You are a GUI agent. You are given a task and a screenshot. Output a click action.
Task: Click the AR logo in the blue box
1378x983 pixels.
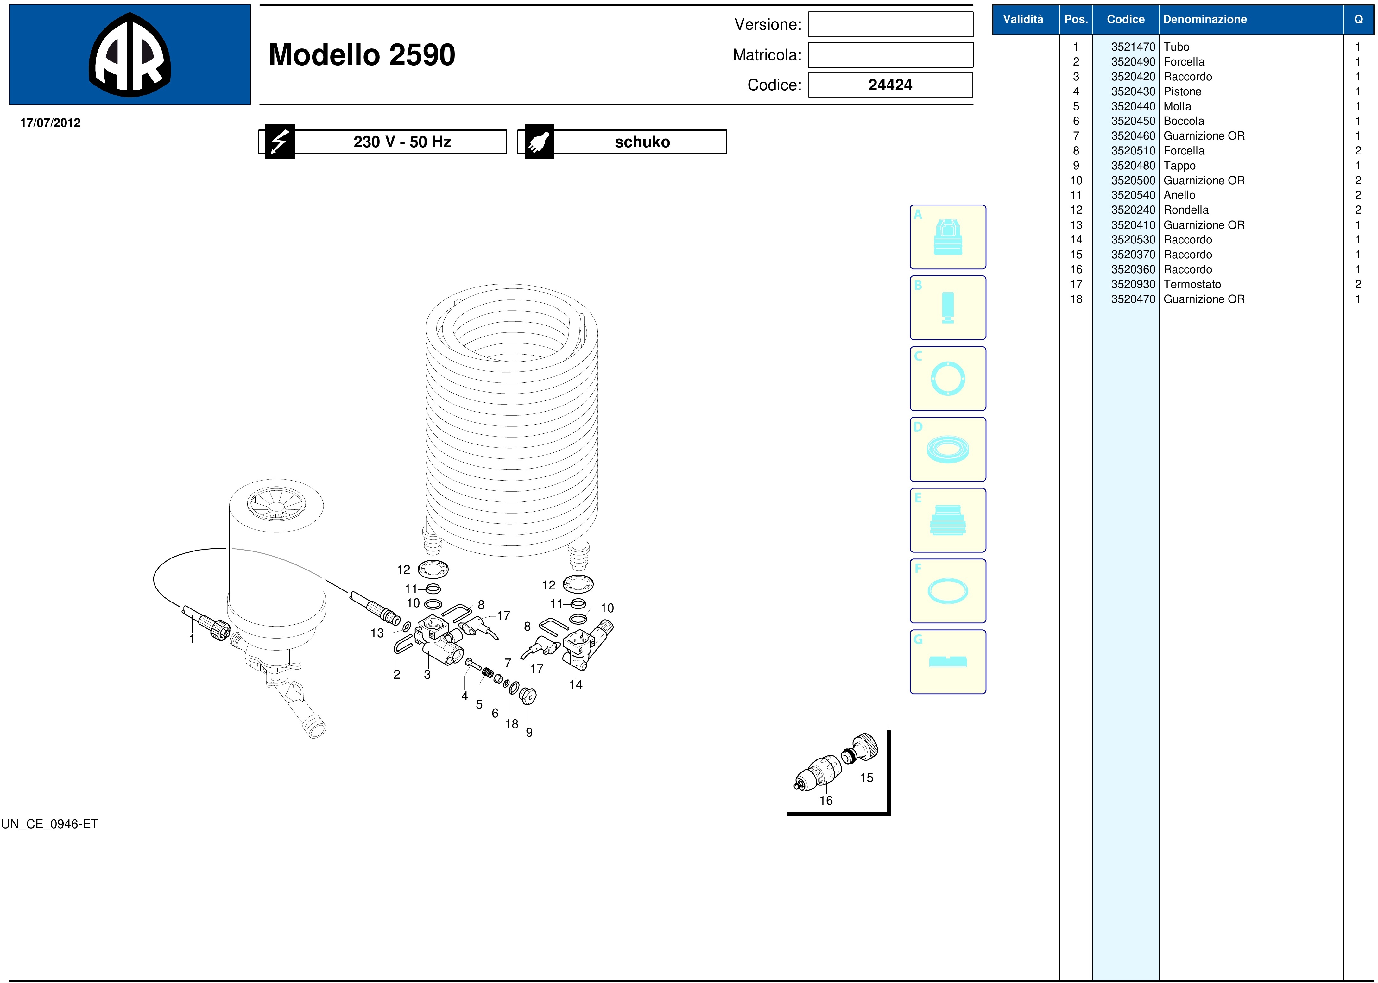point(130,54)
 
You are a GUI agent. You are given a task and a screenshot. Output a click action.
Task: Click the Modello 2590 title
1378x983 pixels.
point(362,54)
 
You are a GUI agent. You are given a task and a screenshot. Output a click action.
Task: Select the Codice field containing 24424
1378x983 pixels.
point(890,85)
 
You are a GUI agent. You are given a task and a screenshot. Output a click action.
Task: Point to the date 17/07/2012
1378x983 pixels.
point(50,123)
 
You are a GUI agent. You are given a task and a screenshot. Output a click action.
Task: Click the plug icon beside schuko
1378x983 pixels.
point(539,142)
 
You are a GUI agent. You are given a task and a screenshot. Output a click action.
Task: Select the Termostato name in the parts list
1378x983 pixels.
point(1192,285)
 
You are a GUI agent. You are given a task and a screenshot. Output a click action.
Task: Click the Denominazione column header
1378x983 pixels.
point(1205,19)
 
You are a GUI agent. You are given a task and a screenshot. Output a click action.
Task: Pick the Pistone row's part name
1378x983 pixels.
point(1182,91)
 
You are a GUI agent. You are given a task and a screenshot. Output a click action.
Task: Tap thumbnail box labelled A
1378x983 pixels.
point(947,237)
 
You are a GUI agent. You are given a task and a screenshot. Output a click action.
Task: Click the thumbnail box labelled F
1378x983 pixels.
point(947,591)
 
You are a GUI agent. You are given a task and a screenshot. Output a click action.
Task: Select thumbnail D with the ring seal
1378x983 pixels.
point(947,449)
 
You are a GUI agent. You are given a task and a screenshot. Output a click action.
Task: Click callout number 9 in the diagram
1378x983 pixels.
point(529,732)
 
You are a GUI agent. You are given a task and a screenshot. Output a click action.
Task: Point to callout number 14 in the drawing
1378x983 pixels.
point(576,684)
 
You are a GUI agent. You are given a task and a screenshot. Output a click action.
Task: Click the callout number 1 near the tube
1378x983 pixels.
point(191,639)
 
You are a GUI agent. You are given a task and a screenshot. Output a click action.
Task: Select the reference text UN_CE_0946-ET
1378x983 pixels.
point(50,824)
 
